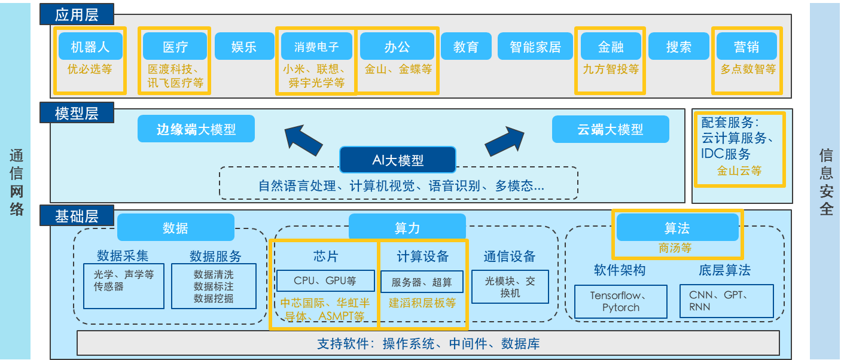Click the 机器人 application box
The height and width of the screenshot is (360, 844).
pyautogui.click(x=90, y=46)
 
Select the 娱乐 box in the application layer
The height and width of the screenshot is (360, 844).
pyautogui.click(x=244, y=46)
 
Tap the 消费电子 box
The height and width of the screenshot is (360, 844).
pyautogui.click(x=316, y=46)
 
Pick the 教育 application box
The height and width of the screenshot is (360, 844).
pyautogui.click(x=466, y=46)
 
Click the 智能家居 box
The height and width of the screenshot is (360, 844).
pyautogui.click(x=535, y=46)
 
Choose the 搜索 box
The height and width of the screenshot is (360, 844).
pyautogui.click(x=679, y=46)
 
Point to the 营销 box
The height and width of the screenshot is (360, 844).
pyautogui.click(x=747, y=46)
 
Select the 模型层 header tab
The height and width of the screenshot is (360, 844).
pyautogui.click(x=77, y=112)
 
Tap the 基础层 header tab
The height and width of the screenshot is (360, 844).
pyautogui.click(x=77, y=215)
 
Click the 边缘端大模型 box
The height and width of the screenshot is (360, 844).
pyautogui.click(x=196, y=129)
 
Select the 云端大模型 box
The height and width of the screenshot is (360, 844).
pyautogui.click(x=610, y=129)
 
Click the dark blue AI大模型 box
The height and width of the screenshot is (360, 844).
pyautogui.click(x=398, y=160)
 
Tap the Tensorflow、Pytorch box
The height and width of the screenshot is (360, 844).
pyautogui.click(x=620, y=301)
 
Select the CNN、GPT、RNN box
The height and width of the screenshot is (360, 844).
pyautogui.click(x=726, y=301)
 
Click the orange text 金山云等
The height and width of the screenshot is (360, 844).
pyautogui.click(x=739, y=171)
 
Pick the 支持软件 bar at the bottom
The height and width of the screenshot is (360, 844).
pyautogui.click(x=428, y=343)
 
